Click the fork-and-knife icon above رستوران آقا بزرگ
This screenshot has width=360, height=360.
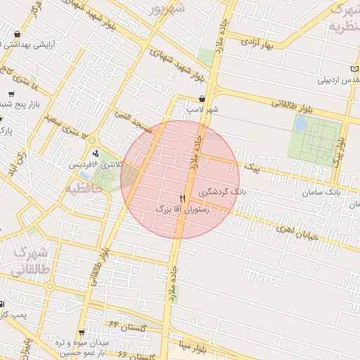(183, 199)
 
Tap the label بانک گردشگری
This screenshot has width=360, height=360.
(223, 191)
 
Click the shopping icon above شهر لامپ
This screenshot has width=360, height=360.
(202, 99)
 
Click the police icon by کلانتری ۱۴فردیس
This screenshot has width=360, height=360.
(96, 153)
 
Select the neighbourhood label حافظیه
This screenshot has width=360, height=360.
(89, 188)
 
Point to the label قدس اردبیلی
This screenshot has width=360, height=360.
(340, 79)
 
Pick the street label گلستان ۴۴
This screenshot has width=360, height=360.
(127, 325)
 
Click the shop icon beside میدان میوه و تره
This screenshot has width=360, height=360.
(82, 333)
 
